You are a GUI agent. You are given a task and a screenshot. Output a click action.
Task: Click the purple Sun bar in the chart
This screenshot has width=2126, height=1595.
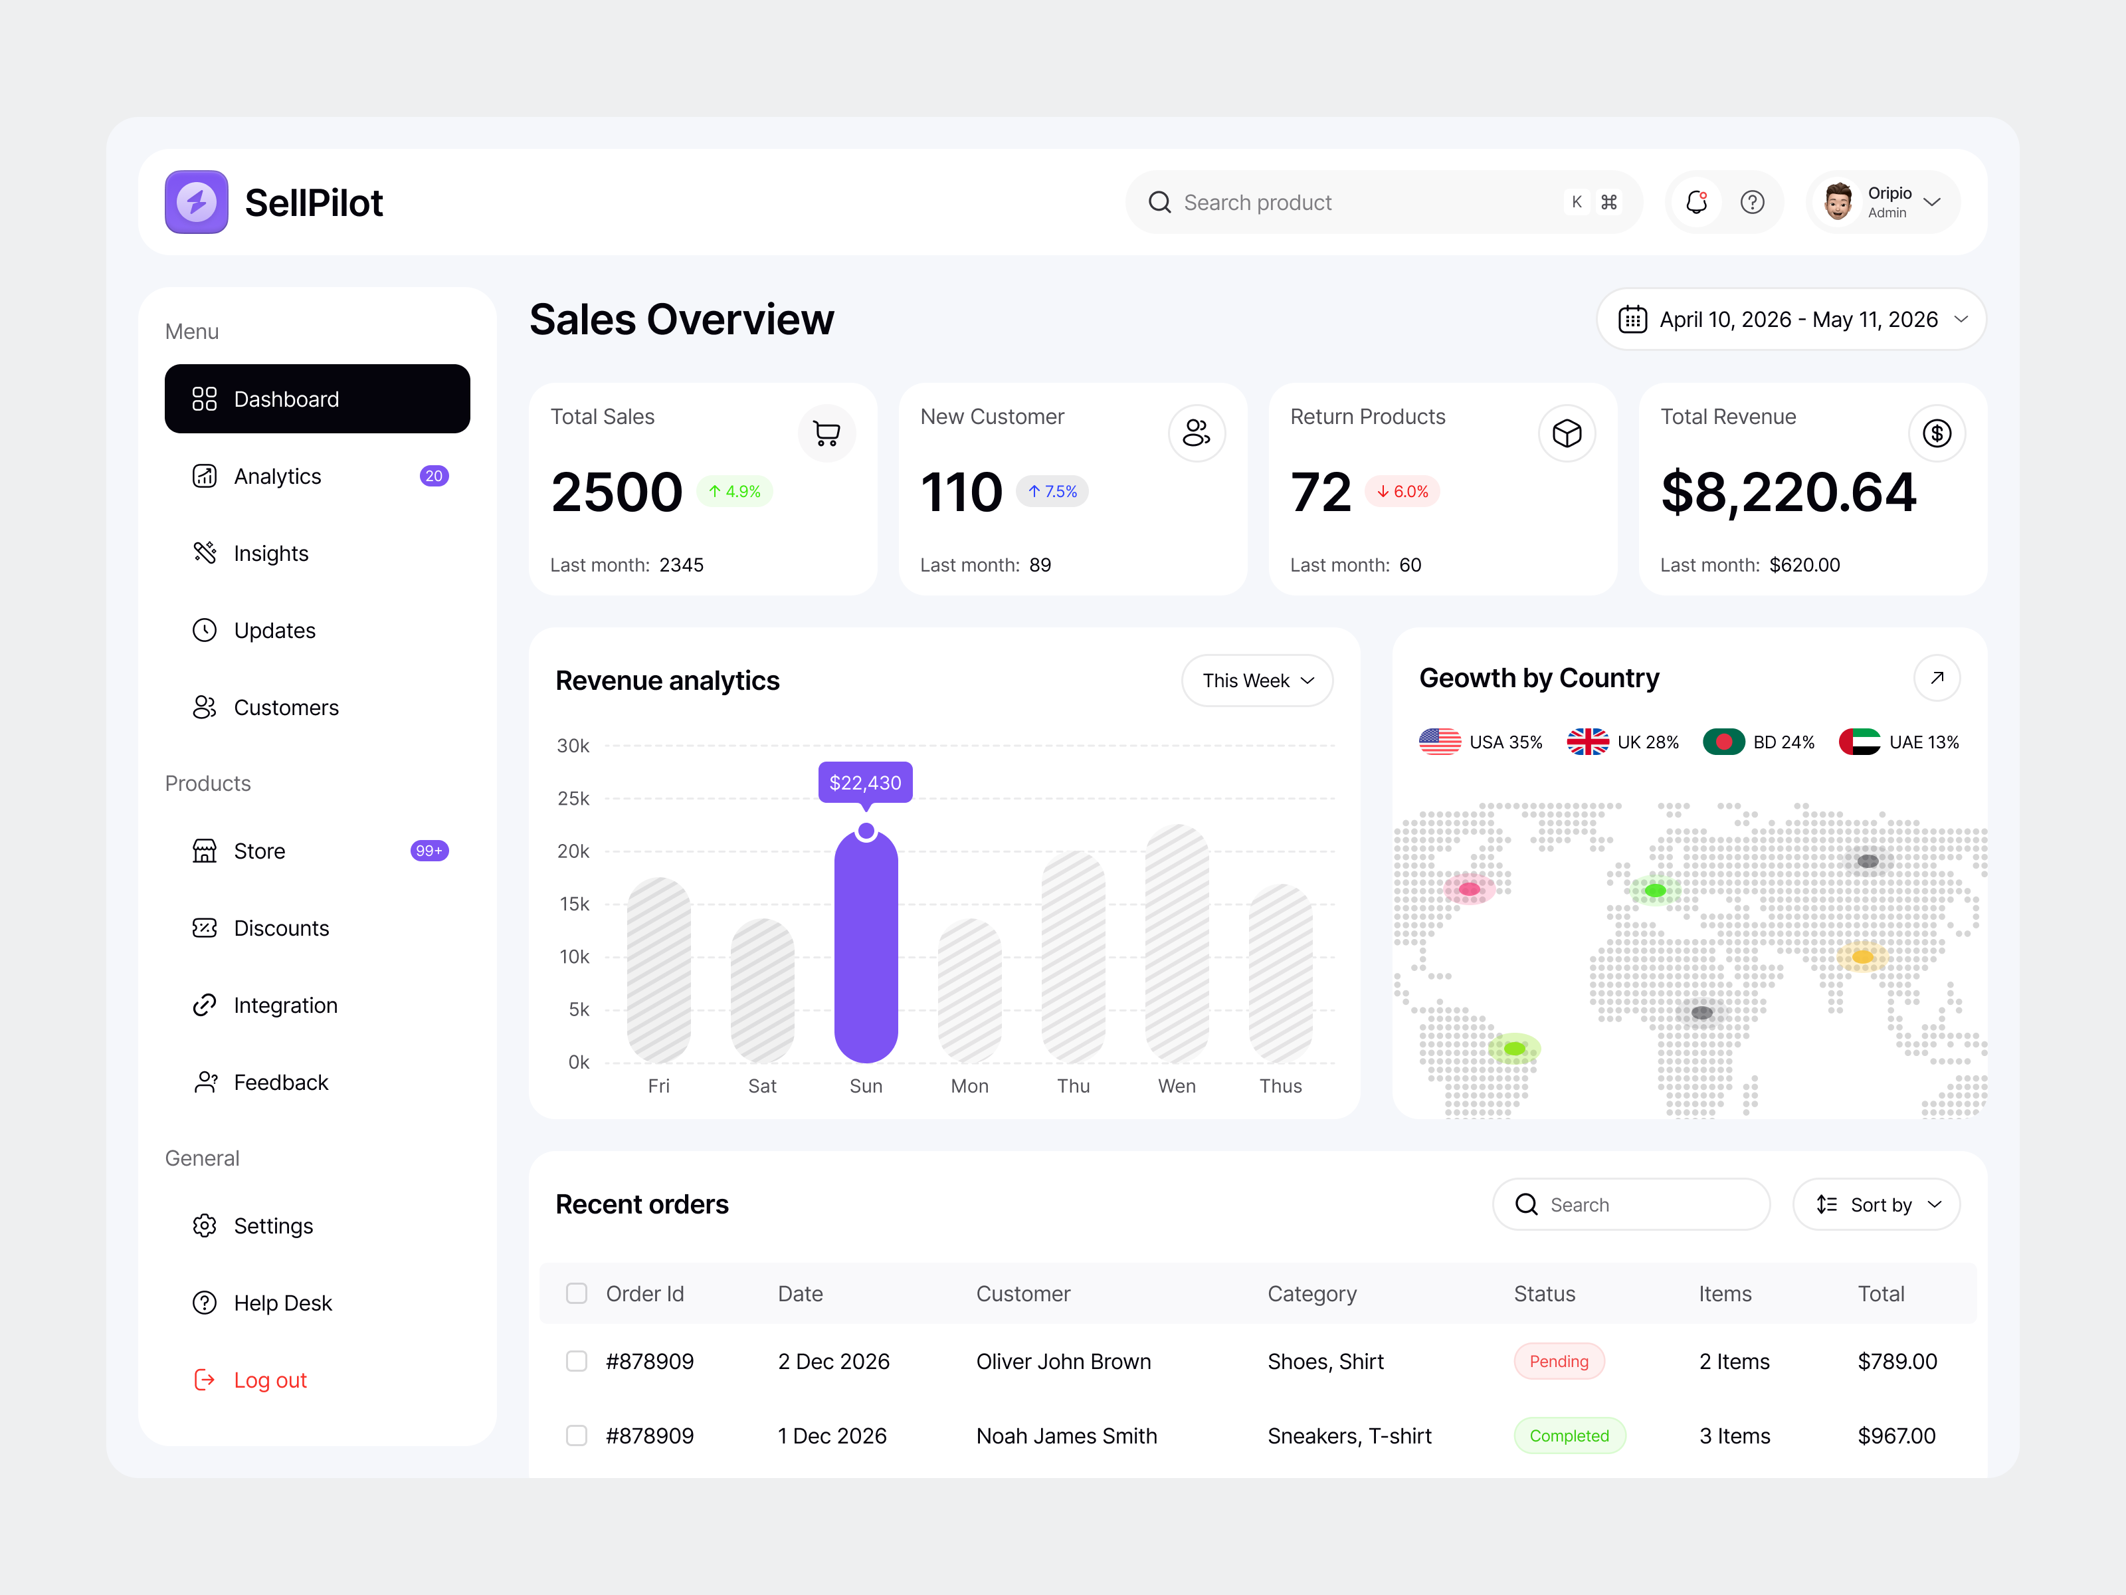pyautogui.click(x=865, y=947)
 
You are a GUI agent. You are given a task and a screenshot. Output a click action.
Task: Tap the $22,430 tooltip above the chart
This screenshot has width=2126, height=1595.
pyautogui.click(x=865, y=783)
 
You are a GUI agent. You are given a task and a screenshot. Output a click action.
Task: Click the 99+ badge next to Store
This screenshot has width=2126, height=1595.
pyautogui.click(x=429, y=851)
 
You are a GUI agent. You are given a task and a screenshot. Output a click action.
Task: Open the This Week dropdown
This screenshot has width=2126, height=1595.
pyautogui.click(x=1256, y=681)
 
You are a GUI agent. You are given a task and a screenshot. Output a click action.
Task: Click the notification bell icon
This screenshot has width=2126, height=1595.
pyautogui.click(x=1696, y=202)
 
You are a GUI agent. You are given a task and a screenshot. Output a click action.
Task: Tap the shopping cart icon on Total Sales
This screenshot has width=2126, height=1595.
pyautogui.click(x=826, y=433)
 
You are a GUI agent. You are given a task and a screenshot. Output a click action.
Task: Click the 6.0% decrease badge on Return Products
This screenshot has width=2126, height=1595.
pyautogui.click(x=1402, y=491)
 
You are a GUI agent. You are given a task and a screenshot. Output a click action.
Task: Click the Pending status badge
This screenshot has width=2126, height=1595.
pyautogui.click(x=1558, y=1361)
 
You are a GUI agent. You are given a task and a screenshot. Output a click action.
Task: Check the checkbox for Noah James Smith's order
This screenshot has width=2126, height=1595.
pyautogui.click(x=577, y=1435)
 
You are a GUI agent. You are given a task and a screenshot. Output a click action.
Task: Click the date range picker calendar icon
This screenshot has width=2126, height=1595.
pyautogui.click(x=1632, y=319)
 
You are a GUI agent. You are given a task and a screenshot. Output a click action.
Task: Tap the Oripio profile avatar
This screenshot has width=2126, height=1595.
pyautogui.click(x=1838, y=202)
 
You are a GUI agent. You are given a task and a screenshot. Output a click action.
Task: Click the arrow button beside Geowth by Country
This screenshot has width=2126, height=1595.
pyautogui.click(x=1937, y=678)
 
